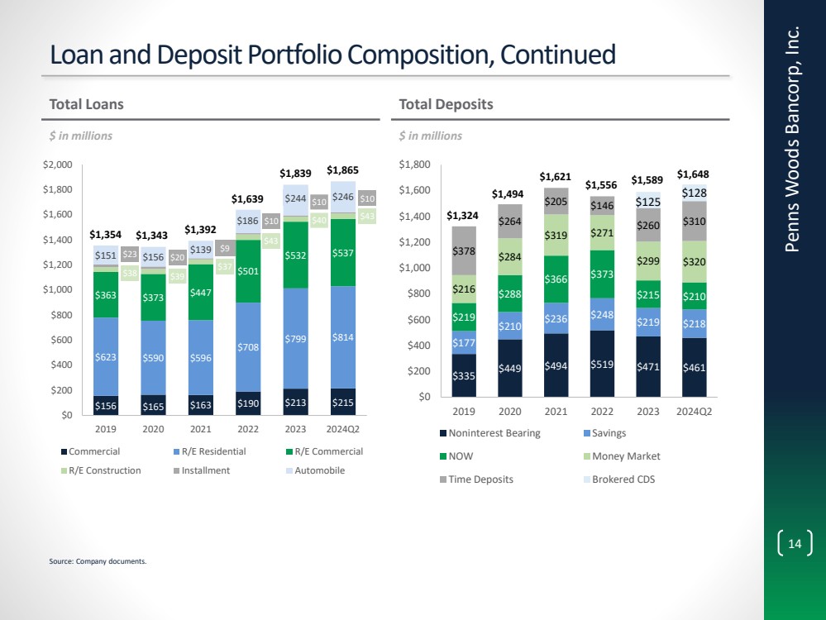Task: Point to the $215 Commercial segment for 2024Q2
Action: coord(343,405)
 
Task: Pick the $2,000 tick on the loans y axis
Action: coord(57,165)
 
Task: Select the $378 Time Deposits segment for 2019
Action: coord(464,250)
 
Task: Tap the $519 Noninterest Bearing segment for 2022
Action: coord(601,364)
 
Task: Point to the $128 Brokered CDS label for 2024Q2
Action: coord(693,193)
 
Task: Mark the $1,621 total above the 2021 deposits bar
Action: coord(556,177)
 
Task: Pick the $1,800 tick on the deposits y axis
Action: coord(415,165)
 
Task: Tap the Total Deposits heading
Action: coord(446,105)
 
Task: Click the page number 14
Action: coord(795,543)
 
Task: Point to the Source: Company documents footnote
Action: coord(98,561)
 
